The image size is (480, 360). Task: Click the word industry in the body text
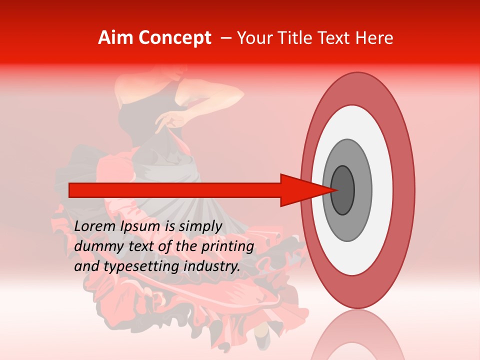coord(212,266)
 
